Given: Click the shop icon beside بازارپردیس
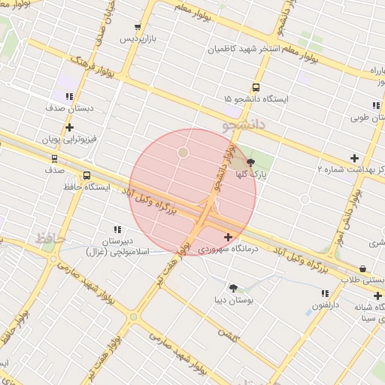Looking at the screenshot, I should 136,27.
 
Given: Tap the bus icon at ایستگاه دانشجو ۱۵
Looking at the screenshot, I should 256,87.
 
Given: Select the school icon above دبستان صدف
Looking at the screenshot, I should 70,96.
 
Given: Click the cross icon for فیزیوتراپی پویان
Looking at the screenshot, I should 69,128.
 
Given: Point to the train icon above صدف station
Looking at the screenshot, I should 54,159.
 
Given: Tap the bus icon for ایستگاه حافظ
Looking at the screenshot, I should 86,175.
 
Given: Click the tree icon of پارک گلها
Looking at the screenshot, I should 250,162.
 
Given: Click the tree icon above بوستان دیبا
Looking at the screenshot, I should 233,288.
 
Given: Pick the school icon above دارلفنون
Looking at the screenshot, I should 324,293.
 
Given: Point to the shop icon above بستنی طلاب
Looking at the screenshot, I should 363,268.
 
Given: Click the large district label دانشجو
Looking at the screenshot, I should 244,125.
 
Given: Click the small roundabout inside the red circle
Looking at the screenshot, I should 183,153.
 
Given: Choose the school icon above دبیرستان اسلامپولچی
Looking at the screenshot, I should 117,229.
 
